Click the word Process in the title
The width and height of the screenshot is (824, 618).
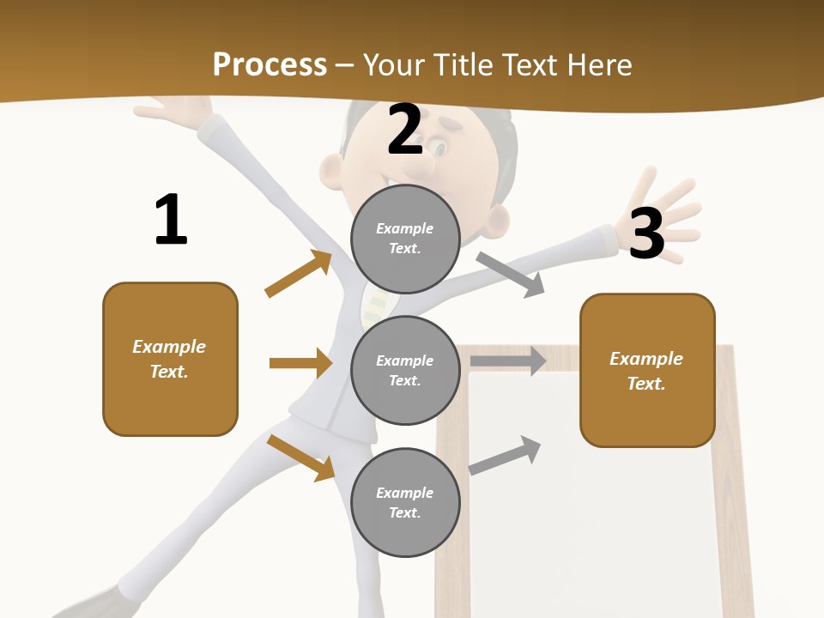270,64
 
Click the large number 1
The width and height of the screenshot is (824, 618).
171,220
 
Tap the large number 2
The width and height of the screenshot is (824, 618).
405,130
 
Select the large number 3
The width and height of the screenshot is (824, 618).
647,233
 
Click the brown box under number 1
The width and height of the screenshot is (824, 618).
170,359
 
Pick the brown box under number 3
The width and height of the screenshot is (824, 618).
647,371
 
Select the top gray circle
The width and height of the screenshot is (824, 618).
405,239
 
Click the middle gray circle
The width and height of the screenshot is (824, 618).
405,370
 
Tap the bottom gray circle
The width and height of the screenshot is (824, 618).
405,502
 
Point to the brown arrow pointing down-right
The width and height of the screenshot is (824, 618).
301,457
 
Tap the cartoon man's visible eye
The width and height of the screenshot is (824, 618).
439,148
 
